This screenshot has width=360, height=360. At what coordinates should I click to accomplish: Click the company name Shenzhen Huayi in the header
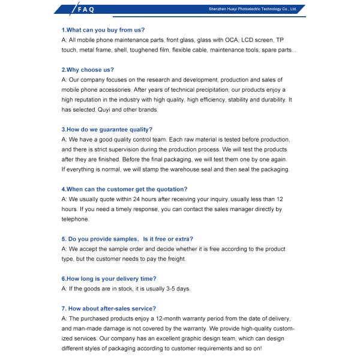252,10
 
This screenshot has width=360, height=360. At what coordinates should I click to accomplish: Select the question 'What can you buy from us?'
103,29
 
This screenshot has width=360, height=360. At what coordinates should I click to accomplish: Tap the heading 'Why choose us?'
88,70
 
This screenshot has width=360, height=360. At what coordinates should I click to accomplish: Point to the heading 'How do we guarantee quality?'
107,129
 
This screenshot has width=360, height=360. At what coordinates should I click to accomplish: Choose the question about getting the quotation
124,189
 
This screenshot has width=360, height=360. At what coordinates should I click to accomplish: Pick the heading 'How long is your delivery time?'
109,278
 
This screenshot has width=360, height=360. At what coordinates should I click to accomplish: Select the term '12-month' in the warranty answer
182,318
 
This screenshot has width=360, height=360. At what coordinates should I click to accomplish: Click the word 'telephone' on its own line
75,219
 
